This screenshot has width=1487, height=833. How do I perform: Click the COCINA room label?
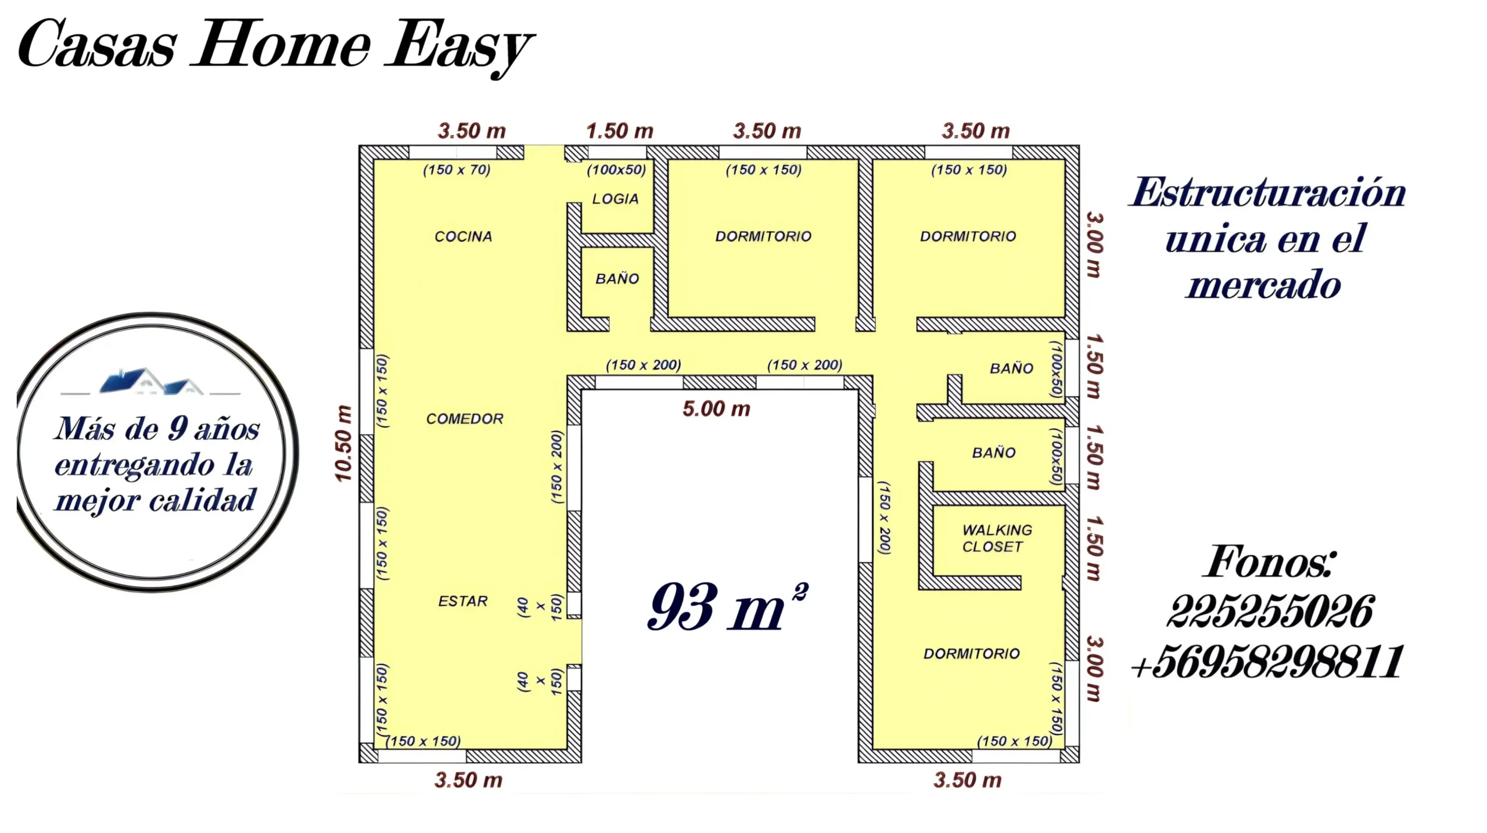(463, 236)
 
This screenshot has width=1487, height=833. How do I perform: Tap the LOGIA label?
(615, 199)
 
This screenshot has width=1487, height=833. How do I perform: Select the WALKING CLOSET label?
(997, 538)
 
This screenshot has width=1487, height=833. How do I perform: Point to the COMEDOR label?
(465, 419)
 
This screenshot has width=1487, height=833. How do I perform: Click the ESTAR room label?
(463, 601)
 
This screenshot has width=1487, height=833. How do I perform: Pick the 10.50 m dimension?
(343, 443)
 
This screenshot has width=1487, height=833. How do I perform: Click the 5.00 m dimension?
(716, 409)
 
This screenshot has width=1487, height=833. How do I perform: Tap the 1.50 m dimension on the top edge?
(620, 131)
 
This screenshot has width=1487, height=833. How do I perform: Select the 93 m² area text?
(727, 606)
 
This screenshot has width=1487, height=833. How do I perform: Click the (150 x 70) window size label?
(457, 170)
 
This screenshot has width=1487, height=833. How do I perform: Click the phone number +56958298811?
(1267, 662)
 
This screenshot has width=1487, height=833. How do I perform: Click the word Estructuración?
(1268, 192)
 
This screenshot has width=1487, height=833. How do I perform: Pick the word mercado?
(1263, 285)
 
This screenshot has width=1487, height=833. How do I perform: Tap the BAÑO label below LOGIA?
(617, 279)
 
